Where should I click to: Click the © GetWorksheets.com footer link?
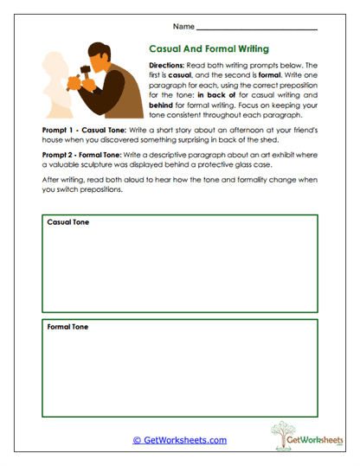pyautogui.click(x=180, y=440)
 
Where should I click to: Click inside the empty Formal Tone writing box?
pyautogui.click(x=179, y=372)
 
